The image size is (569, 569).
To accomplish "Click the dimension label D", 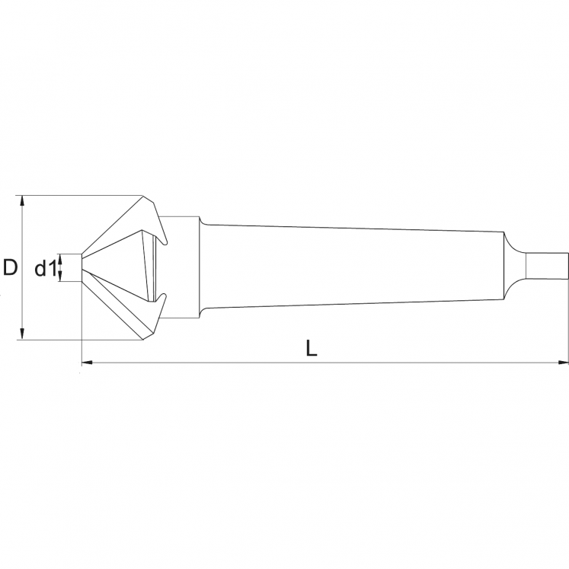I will click(10, 267).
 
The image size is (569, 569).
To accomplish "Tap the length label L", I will click(311, 349).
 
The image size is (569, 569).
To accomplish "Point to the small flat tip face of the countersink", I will click(81, 267).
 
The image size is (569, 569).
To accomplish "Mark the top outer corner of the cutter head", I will click(144, 197).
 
